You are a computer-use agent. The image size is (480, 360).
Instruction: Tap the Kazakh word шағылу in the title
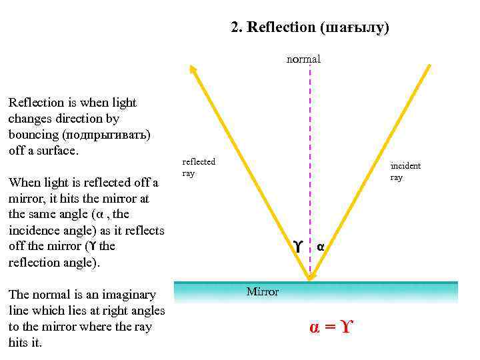(x=353, y=27)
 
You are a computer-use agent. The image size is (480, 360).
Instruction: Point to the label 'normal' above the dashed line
(x=303, y=59)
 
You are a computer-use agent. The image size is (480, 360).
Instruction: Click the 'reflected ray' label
(x=199, y=167)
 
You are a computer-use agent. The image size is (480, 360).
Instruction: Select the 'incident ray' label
(x=405, y=171)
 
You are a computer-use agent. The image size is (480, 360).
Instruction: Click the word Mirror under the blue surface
(x=263, y=292)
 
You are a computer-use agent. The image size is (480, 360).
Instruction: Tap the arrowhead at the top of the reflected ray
(x=193, y=69)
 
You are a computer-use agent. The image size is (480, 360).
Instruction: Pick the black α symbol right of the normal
(x=320, y=247)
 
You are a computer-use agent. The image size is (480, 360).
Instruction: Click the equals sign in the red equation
(x=328, y=327)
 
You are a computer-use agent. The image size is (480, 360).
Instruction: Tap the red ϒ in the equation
(x=344, y=327)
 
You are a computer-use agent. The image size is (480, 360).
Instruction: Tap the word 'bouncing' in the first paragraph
(x=31, y=135)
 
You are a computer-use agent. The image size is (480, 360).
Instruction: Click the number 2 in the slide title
(x=234, y=27)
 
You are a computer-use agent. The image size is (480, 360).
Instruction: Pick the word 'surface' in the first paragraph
(x=56, y=151)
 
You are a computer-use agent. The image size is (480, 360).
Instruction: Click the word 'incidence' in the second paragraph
(x=34, y=231)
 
